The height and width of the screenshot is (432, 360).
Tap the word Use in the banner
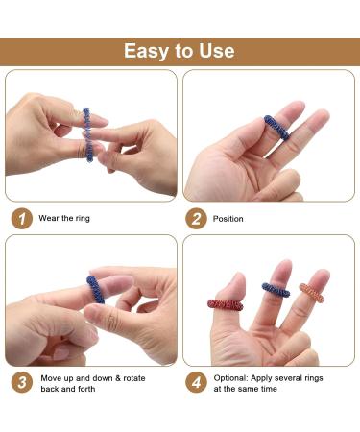(217, 51)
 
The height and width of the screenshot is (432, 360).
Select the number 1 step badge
(22, 219)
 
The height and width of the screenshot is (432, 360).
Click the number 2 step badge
(196, 219)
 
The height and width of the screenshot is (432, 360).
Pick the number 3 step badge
(22, 382)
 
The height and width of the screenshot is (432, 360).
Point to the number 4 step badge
(196, 382)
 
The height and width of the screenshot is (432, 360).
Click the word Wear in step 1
(49, 218)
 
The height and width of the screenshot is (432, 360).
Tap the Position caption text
(228, 219)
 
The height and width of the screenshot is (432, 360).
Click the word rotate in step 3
(134, 378)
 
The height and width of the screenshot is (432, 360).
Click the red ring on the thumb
(226, 304)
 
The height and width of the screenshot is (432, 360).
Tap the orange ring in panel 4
(312, 292)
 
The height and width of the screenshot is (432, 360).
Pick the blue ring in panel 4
(276, 290)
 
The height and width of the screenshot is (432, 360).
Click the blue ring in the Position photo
(276, 128)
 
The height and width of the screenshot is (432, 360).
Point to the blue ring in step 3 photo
(95, 290)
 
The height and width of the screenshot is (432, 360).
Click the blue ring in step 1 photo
(87, 134)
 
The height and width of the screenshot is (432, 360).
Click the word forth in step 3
(86, 389)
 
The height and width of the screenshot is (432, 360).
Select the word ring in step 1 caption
(83, 219)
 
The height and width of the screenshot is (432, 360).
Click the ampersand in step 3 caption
(118, 378)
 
